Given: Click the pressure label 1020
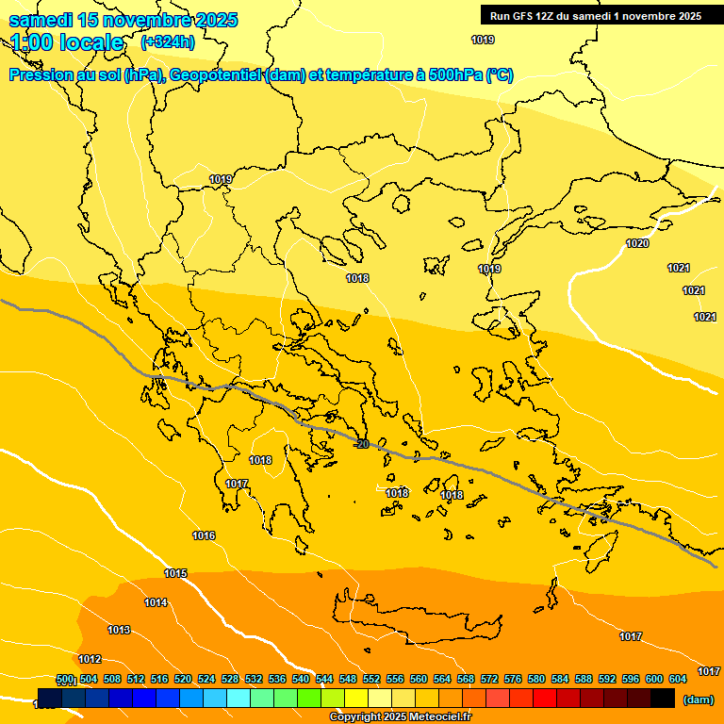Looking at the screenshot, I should coord(637,243).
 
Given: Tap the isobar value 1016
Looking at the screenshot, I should coord(204,535).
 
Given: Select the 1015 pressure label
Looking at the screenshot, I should coord(175,573).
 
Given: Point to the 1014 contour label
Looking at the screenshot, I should coord(156,602).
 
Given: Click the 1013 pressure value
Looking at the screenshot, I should coord(119,630).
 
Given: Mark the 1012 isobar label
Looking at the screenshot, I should coord(90,659).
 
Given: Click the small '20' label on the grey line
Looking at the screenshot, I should coord(363,444).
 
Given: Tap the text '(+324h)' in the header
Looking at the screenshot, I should coord(168,41).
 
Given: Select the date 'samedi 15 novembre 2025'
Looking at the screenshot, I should coord(123,20).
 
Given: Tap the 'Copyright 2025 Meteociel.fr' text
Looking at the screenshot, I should coord(401,716).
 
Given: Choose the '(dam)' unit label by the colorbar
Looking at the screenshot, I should coord(699,699).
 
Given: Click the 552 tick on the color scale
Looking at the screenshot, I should coord(371,679).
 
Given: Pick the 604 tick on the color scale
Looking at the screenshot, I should coord(678,679).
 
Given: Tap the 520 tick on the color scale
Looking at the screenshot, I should coord(183,679).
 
